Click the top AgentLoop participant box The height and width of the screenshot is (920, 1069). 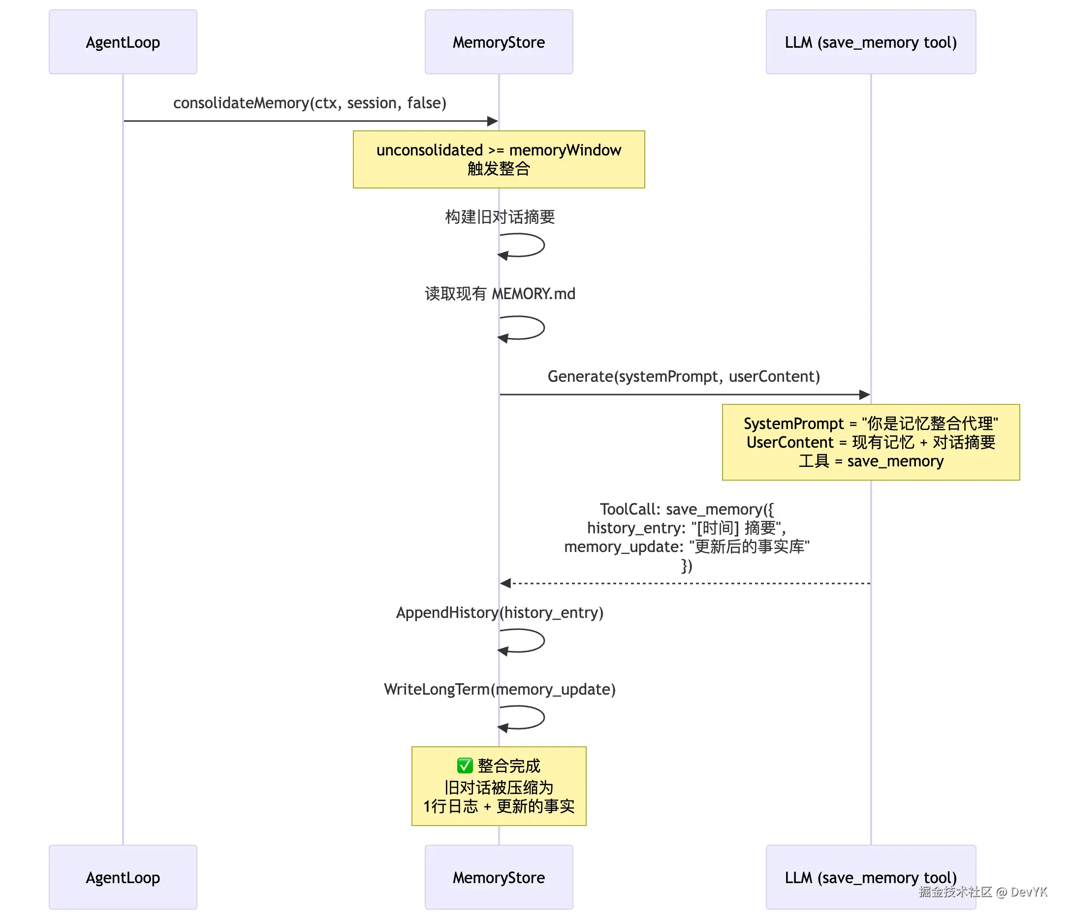pos(123,42)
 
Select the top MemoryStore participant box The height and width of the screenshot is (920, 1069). pos(499,42)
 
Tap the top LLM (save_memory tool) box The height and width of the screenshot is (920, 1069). pos(870,42)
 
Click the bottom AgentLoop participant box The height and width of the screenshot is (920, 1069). pos(123,877)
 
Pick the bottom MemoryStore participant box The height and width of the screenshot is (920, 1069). pos(499,877)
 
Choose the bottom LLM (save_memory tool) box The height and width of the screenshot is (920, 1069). pos(870,877)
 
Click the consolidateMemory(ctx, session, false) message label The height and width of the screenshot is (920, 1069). pos(310,103)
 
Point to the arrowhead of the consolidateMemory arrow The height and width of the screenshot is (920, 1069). pos(493,121)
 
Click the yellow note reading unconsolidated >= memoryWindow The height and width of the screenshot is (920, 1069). pos(499,159)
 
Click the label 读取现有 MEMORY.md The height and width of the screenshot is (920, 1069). pos(500,293)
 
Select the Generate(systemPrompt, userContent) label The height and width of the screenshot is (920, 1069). pos(684,376)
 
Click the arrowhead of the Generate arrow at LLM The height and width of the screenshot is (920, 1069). pos(865,395)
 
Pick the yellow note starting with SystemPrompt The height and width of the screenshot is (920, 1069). pos(870,442)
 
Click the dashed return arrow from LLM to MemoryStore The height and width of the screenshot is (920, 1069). pos(686,583)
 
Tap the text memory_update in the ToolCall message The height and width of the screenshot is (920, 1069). pos(622,547)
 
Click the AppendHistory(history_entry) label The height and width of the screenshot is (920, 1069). pos(500,612)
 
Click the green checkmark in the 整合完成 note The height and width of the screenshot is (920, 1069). pos(464,766)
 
